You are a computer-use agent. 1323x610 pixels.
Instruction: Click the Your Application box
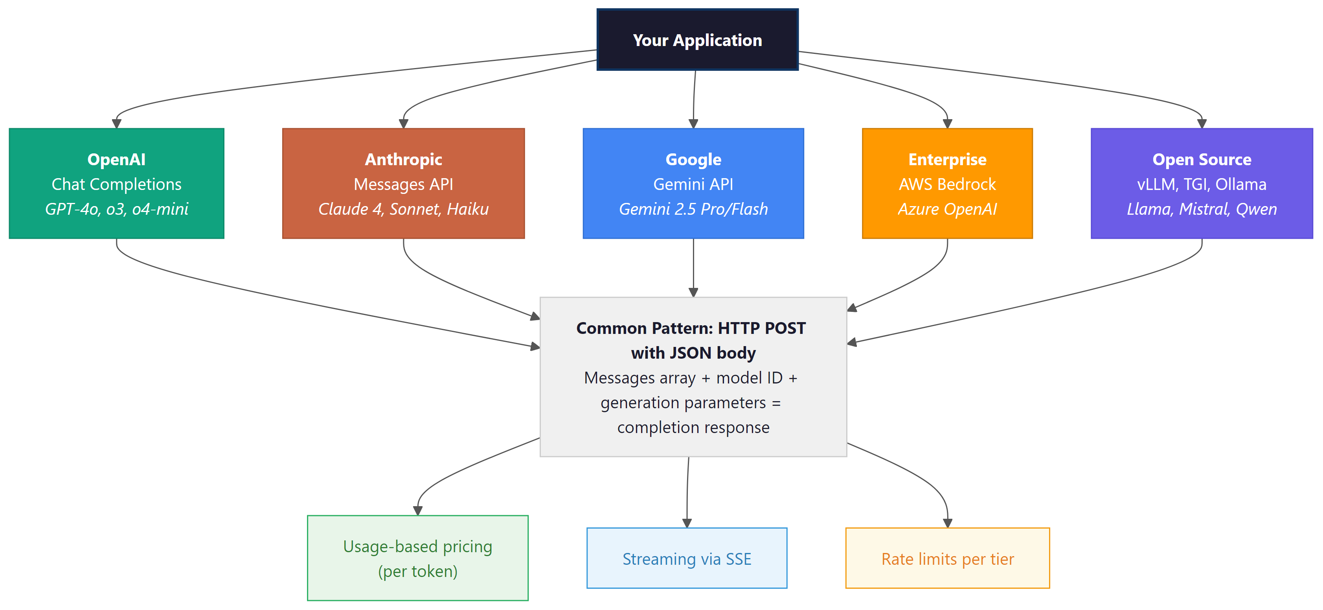[x=697, y=40]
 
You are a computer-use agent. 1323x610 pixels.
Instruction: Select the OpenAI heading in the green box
[x=117, y=159]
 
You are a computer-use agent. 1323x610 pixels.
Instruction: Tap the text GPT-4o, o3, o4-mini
[x=117, y=209]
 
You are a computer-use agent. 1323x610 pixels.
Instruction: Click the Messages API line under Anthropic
[x=403, y=184]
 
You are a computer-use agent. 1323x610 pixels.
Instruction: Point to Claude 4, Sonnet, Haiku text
[x=403, y=209]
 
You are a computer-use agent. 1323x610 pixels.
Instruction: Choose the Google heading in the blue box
[x=693, y=159]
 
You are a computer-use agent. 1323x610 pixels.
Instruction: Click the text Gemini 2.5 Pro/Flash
[x=693, y=209]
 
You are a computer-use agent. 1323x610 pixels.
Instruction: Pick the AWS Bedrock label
[x=947, y=184]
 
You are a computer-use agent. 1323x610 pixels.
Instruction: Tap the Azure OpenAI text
[x=947, y=209]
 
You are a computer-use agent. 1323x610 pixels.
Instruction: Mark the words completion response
[x=693, y=427]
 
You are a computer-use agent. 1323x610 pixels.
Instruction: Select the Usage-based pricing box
[x=417, y=558]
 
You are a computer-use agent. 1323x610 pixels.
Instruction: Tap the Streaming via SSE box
[x=687, y=558]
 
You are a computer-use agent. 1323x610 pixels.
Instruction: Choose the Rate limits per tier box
[x=947, y=558]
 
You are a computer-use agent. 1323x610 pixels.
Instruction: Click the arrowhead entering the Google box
[x=693, y=124]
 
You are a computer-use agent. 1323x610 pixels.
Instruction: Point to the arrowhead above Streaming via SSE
[x=687, y=523]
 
